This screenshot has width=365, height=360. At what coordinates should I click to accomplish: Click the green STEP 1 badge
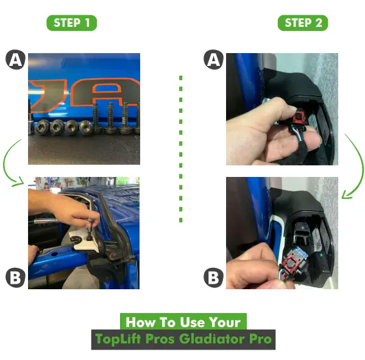tap(72, 23)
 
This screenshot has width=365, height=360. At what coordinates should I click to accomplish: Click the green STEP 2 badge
tap(303, 23)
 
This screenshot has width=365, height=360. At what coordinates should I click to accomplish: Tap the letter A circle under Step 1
tap(16, 59)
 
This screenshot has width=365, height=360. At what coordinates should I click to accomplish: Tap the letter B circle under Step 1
tap(16, 278)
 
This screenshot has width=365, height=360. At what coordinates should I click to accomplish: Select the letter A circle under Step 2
tap(213, 59)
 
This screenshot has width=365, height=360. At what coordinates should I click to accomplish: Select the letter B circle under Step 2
tap(213, 278)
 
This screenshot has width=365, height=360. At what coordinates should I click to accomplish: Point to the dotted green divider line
tap(181, 149)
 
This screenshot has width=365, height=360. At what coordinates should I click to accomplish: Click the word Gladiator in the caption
tap(212, 339)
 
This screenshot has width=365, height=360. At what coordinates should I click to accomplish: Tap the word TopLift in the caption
tap(118, 339)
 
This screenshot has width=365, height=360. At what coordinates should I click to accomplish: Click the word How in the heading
tap(140, 322)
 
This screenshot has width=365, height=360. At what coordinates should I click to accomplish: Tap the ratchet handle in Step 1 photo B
tap(46, 220)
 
